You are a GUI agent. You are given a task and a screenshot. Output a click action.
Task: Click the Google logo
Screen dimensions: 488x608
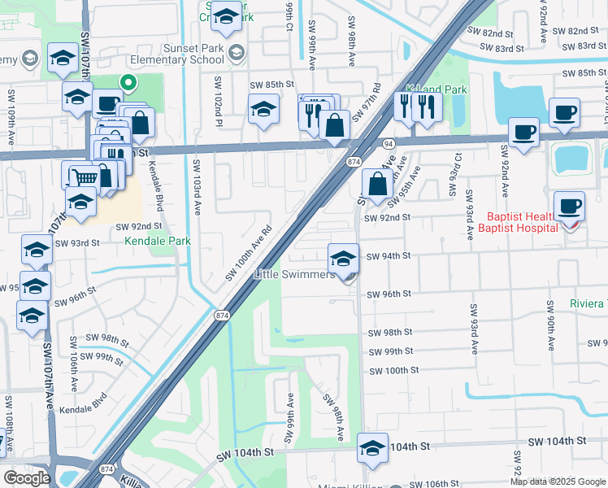click(27, 478)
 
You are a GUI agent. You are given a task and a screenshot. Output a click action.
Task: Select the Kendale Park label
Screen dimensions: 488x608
click(157, 242)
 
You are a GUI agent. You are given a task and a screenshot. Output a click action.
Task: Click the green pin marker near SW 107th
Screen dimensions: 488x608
click(128, 82)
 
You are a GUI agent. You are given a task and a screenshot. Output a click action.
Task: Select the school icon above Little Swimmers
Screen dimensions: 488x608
click(344, 258)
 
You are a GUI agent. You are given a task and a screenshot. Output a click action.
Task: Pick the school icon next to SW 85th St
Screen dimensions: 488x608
click(264, 110)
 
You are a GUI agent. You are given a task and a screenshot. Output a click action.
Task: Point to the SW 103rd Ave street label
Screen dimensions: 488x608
click(197, 186)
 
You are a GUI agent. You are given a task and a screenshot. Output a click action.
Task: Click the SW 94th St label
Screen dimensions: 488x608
click(389, 256)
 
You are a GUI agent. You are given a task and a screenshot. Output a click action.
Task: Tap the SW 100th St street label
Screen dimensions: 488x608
click(393, 370)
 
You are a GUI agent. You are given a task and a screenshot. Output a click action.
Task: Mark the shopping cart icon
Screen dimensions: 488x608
click(84, 176)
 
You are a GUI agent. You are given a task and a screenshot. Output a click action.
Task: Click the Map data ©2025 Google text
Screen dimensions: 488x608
click(558, 481)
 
